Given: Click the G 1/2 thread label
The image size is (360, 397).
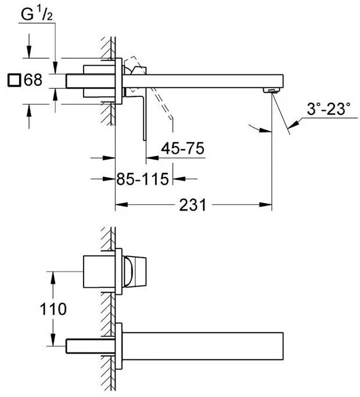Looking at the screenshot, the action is point(37,14).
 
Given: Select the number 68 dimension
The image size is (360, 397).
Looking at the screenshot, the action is point(33,80).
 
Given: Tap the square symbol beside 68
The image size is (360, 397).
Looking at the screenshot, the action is point(14,80).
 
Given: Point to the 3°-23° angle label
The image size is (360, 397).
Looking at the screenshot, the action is point(329,109).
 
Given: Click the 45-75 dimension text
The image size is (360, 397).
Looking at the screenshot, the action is point(183,149).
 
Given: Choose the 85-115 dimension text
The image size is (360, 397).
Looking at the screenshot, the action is point(142,179).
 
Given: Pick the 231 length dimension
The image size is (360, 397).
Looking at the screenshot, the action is point(193,204).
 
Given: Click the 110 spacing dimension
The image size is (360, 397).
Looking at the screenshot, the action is point(53,309).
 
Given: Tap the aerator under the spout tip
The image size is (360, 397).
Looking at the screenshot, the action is point(272,90).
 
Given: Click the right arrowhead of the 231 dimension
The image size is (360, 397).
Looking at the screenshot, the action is point(265,204).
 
